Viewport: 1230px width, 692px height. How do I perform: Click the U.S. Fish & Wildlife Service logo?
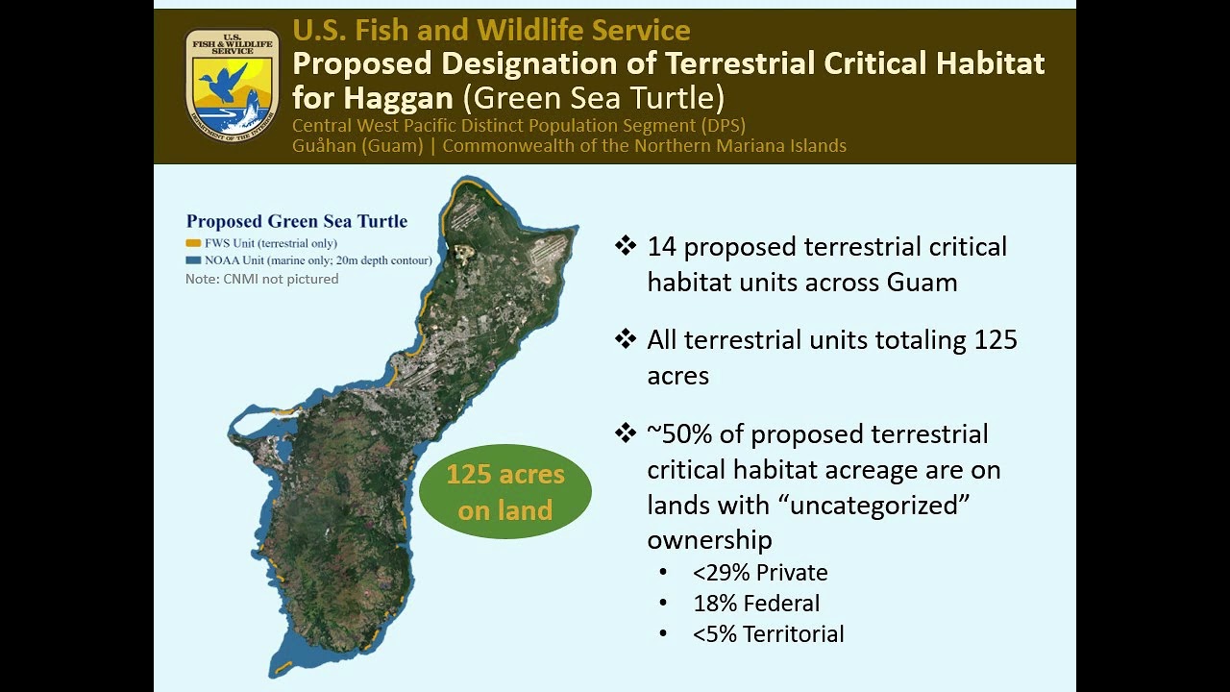(x=232, y=85)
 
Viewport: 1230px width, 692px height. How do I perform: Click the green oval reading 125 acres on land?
(x=505, y=491)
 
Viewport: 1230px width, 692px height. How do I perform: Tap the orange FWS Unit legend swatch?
(x=193, y=243)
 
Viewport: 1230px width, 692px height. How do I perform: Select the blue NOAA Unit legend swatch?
(x=193, y=260)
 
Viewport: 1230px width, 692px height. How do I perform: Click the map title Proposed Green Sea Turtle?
(x=296, y=221)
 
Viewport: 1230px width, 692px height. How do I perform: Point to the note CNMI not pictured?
(x=261, y=279)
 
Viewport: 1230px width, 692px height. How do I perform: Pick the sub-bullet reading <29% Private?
(x=759, y=573)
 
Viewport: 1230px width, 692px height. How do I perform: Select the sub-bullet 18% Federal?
(x=755, y=604)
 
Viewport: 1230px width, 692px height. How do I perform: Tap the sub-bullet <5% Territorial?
(x=768, y=634)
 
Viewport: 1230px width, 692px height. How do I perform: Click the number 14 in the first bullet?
(x=661, y=247)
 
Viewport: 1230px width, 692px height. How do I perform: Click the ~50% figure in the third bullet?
(x=679, y=434)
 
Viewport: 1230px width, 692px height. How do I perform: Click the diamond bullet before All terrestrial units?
(x=626, y=339)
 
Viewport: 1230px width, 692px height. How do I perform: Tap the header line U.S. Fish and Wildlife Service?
(x=491, y=30)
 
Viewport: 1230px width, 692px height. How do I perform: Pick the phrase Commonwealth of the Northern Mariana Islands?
(x=644, y=146)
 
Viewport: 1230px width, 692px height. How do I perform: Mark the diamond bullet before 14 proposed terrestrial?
(x=626, y=246)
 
